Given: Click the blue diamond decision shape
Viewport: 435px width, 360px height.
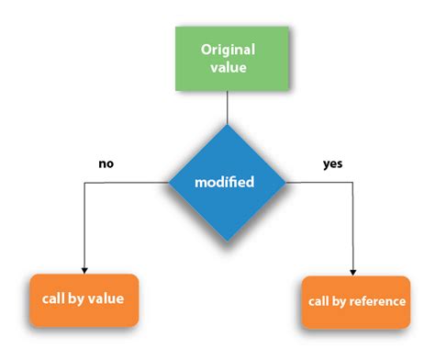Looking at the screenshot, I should point(225,182).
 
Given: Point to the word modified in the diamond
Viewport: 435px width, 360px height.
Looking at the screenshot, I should point(225,183).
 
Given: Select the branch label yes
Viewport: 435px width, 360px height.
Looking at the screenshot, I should point(331,164).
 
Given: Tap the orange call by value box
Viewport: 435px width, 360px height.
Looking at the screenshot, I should point(84,299).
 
